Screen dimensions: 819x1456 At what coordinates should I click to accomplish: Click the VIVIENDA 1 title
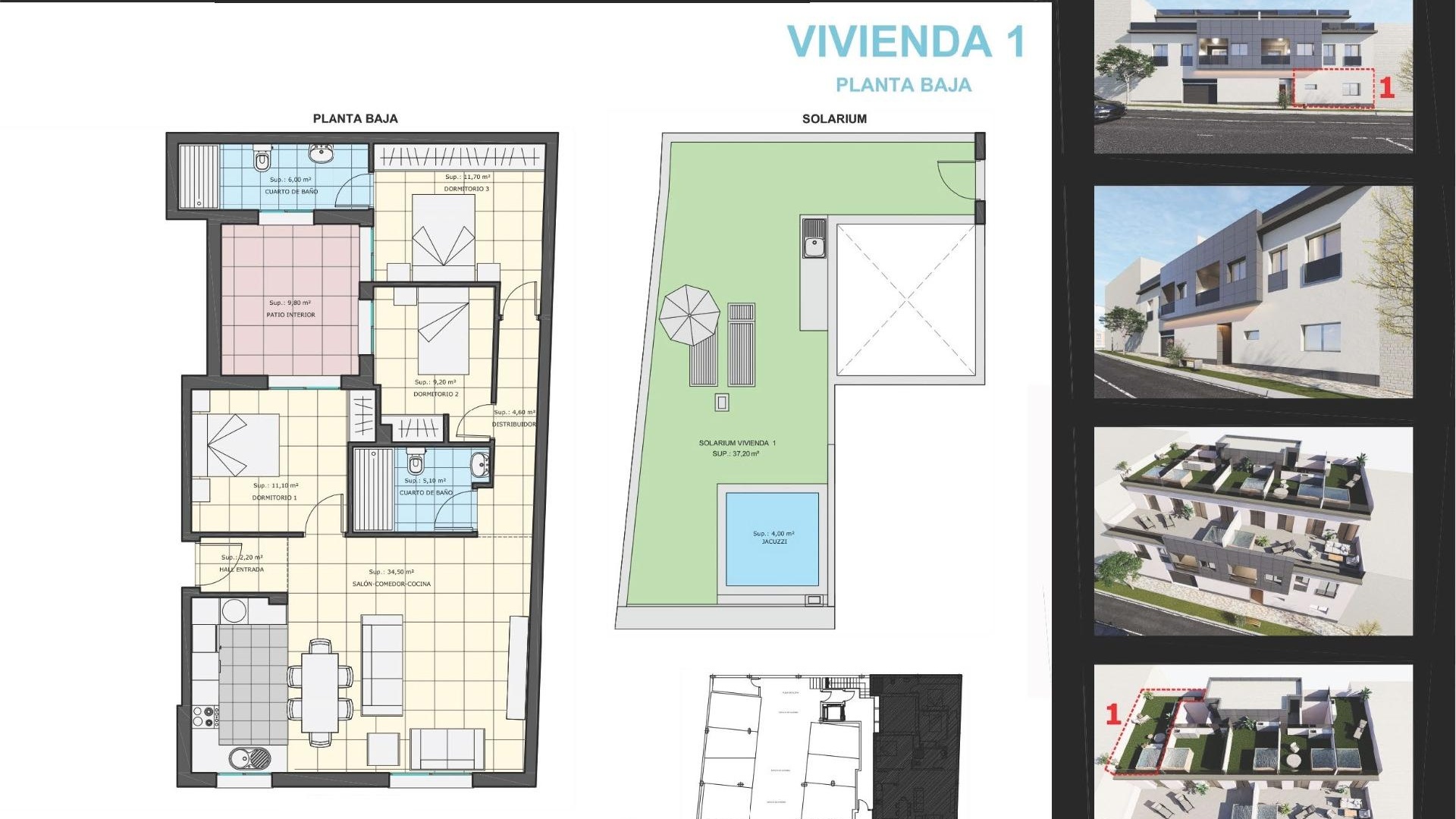pyautogui.click(x=906, y=42)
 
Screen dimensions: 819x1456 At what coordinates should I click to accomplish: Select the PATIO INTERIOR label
pyautogui.click(x=290, y=315)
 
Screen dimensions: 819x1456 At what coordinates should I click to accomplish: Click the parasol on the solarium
pyautogui.click(x=689, y=315)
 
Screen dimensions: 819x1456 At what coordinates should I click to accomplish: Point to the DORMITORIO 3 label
pyautogui.click(x=466, y=189)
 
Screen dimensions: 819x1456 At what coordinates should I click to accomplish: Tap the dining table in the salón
pyautogui.click(x=319, y=692)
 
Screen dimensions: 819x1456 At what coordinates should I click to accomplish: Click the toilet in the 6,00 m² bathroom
pyautogui.click(x=262, y=159)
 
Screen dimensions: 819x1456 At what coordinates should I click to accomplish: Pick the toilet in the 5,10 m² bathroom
pyautogui.click(x=415, y=462)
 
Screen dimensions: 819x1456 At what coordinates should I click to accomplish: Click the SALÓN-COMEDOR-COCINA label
pyautogui.click(x=391, y=584)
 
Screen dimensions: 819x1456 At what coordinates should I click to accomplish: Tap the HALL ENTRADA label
pyautogui.click(x=241, y=570)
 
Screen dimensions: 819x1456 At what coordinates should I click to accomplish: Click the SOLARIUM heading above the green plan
pyautogui.click(x=834, y=119)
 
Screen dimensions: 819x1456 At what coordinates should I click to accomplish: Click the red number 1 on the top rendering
pyautogui.click(x=1386, y=88)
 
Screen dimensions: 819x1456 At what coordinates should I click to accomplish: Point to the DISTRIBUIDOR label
pyautogui.click(x=513, y=425)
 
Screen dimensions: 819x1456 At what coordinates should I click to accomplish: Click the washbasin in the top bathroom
pyautogui.click(x=322, y=153)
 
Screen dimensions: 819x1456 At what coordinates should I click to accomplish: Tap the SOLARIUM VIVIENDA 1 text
pyautogui.click(x=736, y=443)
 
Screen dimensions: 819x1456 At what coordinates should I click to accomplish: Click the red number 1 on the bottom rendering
pyautogui.click(x=1113, y=714)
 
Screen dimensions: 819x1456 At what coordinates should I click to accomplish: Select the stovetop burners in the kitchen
pyautogui.click(x=206, y=717)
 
